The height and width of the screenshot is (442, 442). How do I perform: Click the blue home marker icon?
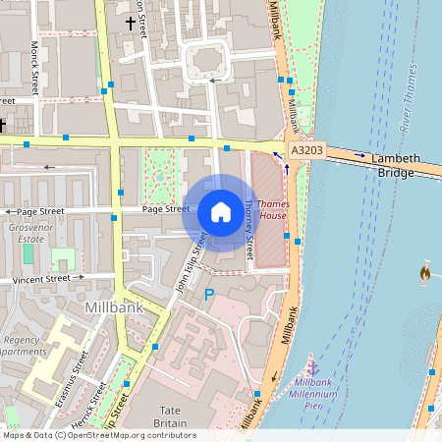tap(221, 212)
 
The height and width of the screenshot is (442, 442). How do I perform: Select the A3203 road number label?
tap(308, 150)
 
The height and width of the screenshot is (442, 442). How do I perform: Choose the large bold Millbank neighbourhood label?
tap(115, 306)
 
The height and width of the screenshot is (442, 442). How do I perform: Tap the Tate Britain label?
tap(183, 415)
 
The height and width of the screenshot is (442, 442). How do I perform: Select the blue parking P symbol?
tap(208, 294)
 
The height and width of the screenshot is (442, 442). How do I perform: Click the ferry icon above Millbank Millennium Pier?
tap(313, 366)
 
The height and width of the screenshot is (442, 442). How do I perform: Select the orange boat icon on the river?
tap(425, 271)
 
